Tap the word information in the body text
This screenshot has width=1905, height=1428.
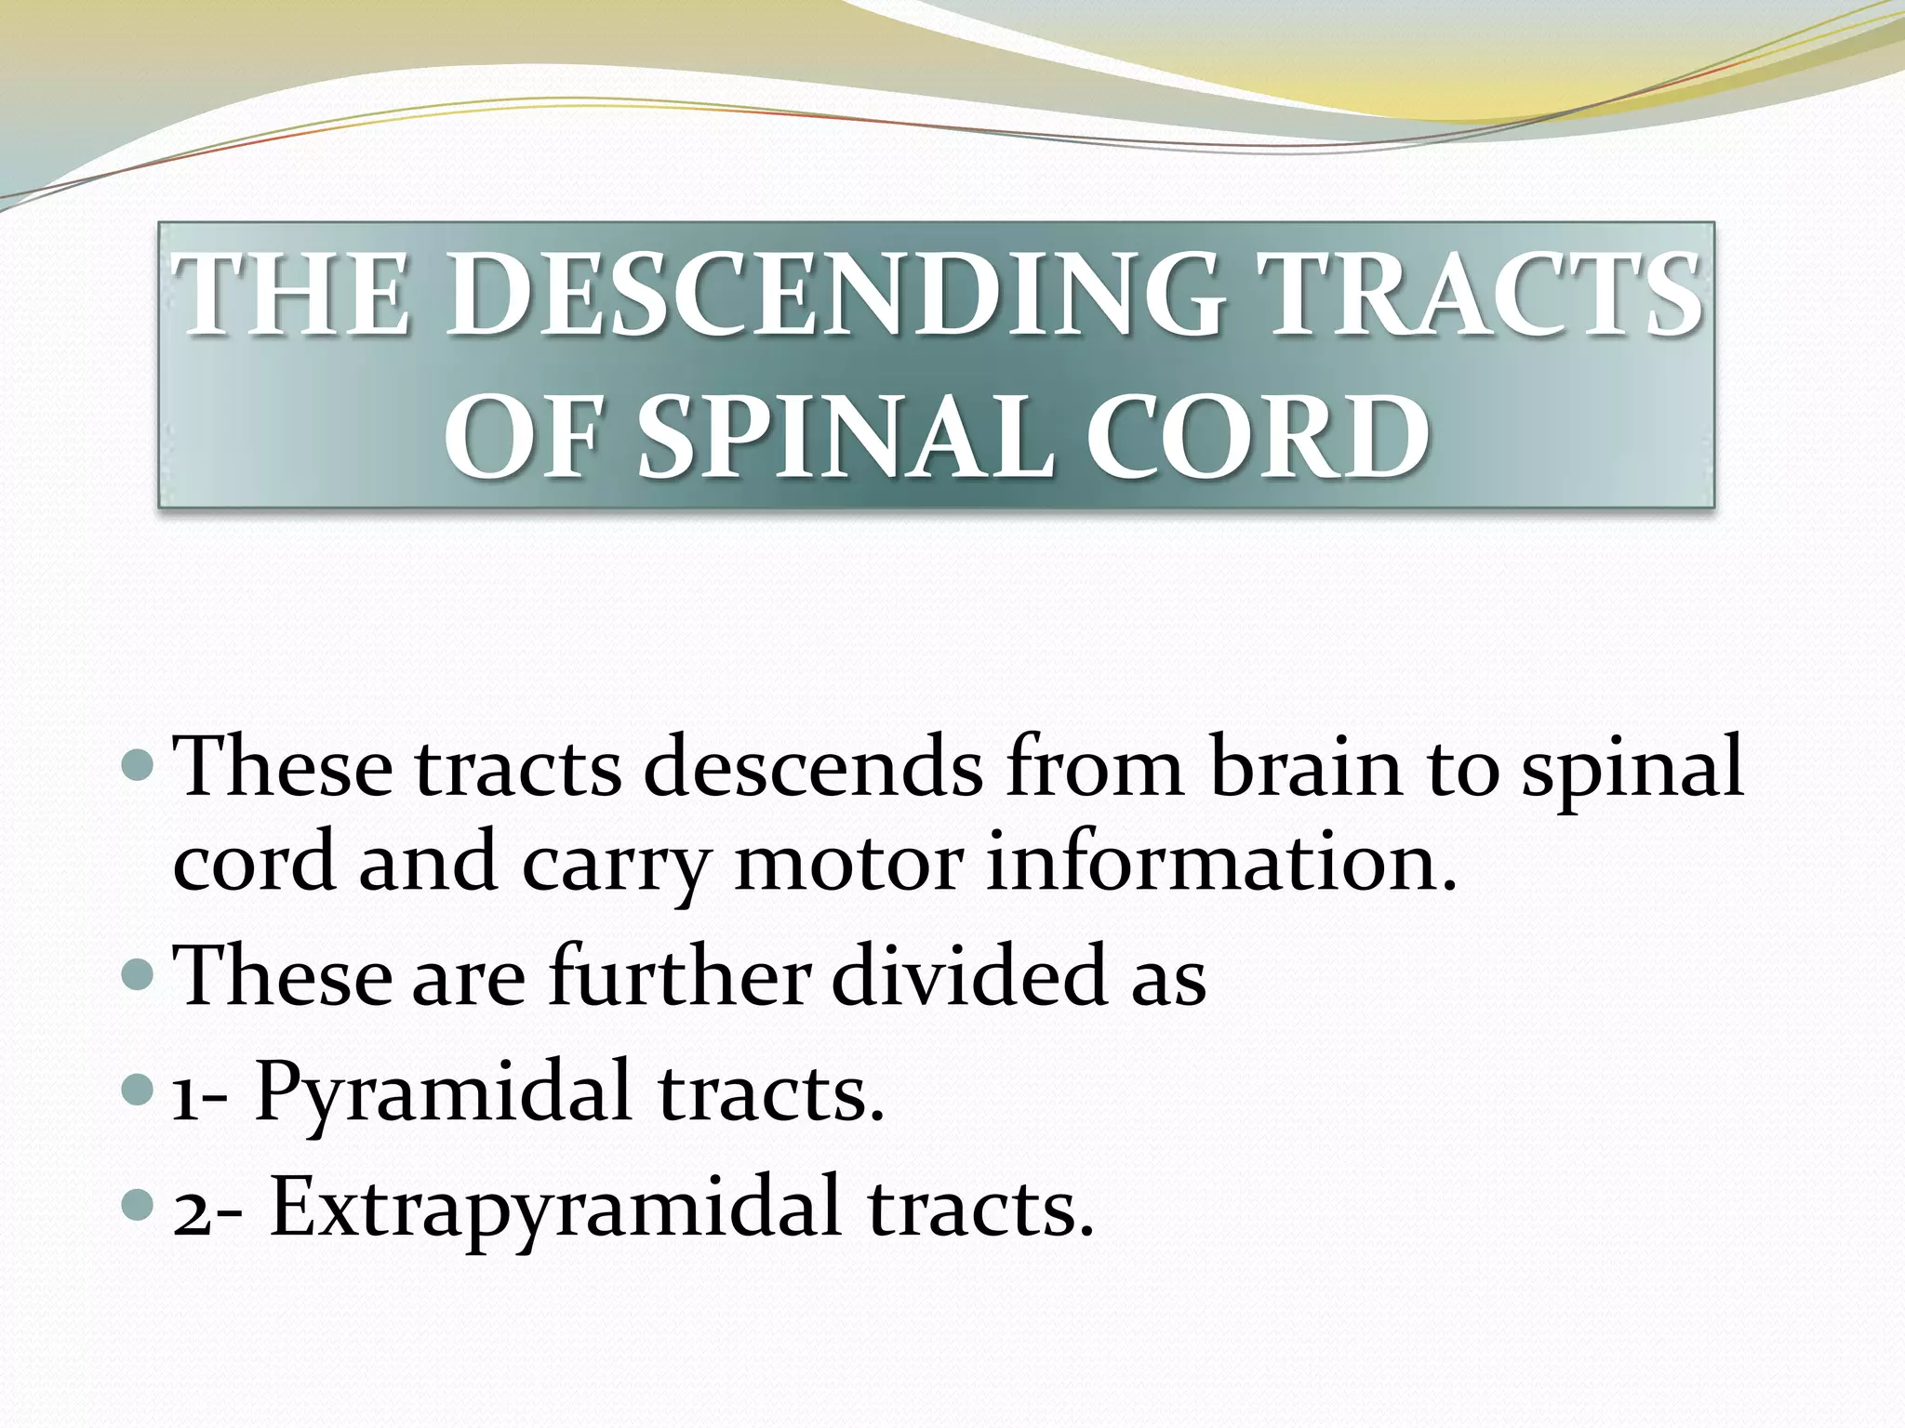pos(1219,865)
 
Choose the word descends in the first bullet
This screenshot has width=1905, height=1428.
pos(812,768)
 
